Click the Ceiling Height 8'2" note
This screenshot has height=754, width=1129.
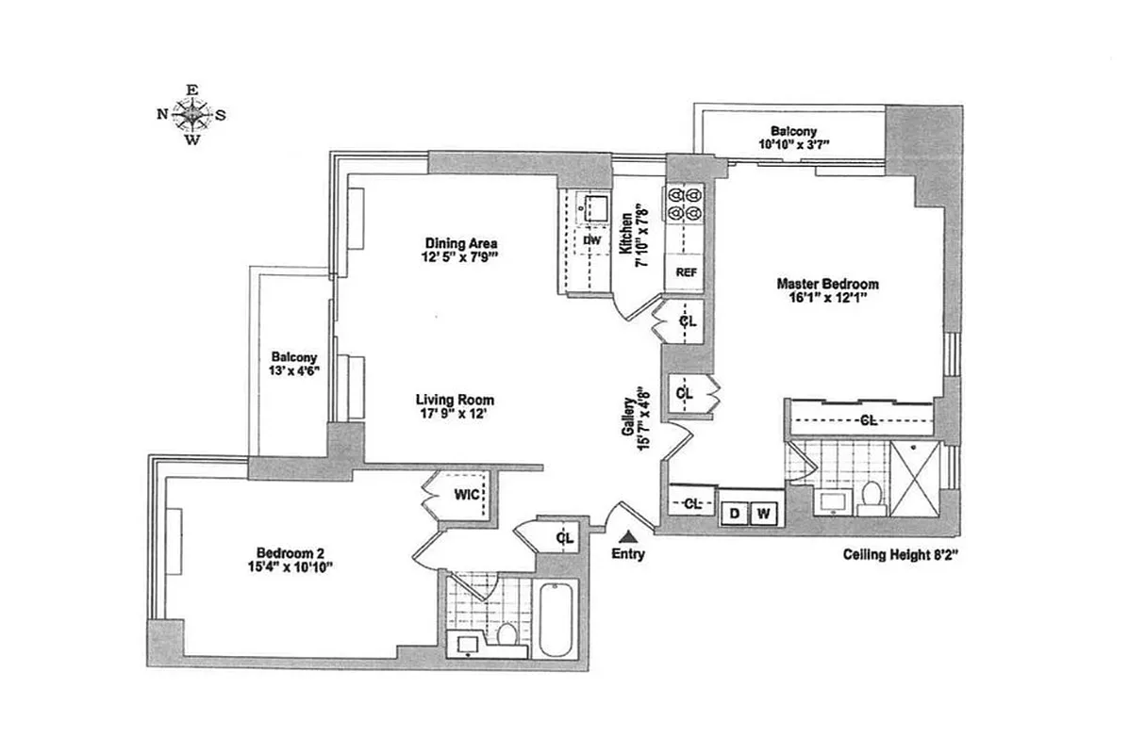pyautogui.click(x=900, y=555)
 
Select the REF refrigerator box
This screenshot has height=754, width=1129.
pyautogui.click(x=686, y=272)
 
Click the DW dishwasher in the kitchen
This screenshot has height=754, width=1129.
pyautogui.click(x=591, y=240)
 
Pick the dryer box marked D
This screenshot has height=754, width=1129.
pyautogui.click(x=734, y=514)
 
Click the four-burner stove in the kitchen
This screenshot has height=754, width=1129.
pyautogui.click(x=686, y=205)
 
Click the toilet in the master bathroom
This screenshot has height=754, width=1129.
pyautogui.click(x=872, y=496)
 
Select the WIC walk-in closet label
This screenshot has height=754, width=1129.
pyautogui.click(x=466, y=494)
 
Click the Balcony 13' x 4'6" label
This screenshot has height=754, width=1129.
pyautogui.click(x=293, y=364)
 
